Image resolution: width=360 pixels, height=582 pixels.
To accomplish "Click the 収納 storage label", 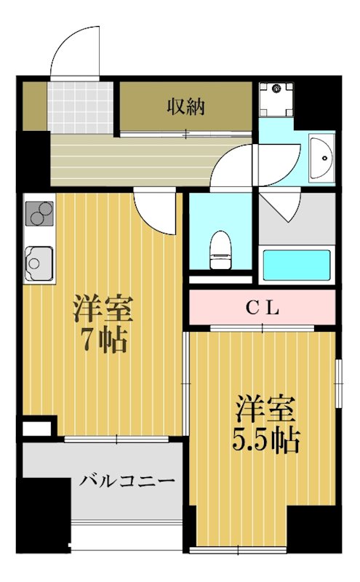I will tap(187, 107).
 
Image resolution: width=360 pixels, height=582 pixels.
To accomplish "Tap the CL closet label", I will tap(261, 308).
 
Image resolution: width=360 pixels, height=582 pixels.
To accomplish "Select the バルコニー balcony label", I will tap(127, 481).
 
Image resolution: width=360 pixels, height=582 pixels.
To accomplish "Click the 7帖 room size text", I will tap(103, 340).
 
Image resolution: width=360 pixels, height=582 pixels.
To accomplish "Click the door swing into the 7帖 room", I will tap(156, 212).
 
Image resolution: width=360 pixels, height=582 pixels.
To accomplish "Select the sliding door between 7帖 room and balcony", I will tap(116, 439).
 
